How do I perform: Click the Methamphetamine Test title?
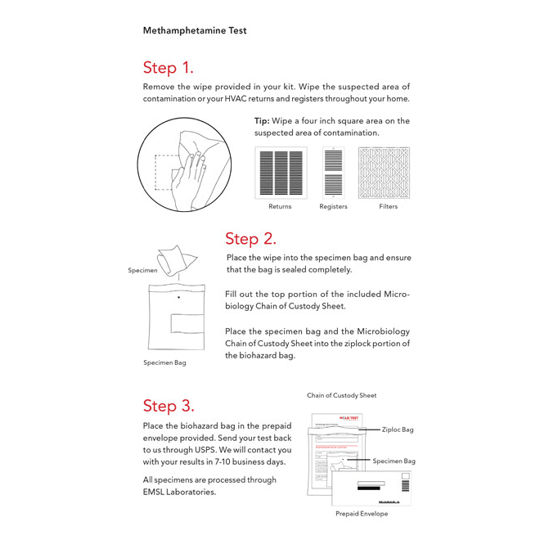pyautogui.click(x=195, y=31)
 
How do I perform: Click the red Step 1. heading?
pyautogui.click(x=168, y=67)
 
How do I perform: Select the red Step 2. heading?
pyautogui.click(x=250, y=239)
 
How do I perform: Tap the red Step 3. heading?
pyautogui.click(x=169, y=406)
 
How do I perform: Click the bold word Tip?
pyautogui.click(x=262, y=121)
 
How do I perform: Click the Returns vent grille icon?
pyautogui.click(x=281, y=172)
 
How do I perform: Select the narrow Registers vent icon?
pyautogui.click(x=333, y=172)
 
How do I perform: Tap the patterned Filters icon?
pyautogui.click(x=388, y=172)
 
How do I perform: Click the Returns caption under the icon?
pyautogui.click(x=280, y=207)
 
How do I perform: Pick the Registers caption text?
pyautogui.click(x=333, y=207)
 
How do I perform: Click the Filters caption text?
pyautogui.click(x=388, y=207)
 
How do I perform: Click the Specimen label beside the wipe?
pyautogui.click(x=142, y=270)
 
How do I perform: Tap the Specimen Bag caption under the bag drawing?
pyautogui.click(x=164, y=362)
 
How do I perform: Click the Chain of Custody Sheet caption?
pyautogui.click(x=342, y=396)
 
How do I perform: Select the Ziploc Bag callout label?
pyautogui.click(x=398, y=430)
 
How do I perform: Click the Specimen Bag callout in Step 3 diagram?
pyautogui.click(x=394, y=461)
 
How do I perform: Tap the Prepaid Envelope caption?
pyautogui.click(x=362, y=514)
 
